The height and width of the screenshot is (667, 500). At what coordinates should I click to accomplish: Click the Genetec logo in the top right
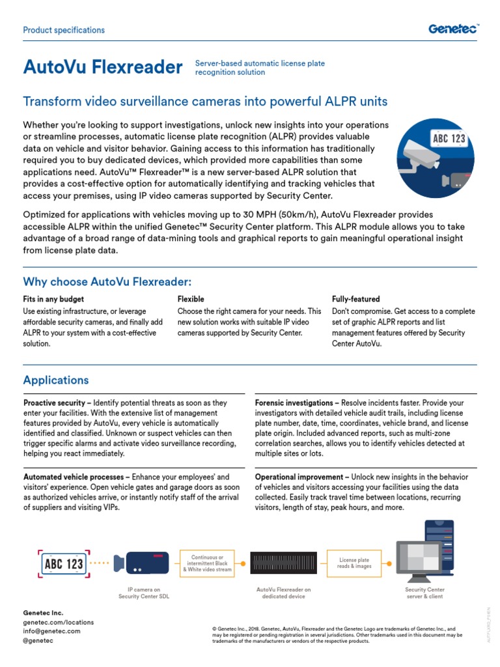453,29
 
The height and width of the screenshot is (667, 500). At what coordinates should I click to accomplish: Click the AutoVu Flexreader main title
103,67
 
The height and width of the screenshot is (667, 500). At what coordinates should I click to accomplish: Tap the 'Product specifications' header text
64,30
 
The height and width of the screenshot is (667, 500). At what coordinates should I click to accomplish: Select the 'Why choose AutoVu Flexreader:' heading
107,281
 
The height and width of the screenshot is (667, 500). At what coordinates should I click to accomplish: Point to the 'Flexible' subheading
191,299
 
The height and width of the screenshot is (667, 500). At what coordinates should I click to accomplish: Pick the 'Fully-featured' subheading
356,299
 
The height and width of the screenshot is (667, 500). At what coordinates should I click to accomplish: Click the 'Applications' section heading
56,380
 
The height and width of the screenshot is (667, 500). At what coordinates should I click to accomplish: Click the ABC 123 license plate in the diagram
63,562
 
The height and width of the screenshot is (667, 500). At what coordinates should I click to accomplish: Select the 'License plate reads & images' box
354,563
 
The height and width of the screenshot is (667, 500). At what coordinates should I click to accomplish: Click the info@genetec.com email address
51,631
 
